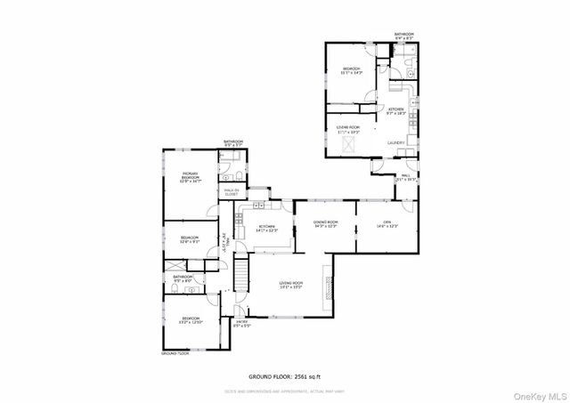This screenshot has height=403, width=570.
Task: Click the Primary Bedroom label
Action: (x=190, y=177)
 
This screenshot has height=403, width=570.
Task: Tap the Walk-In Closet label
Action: (x=229, y=191)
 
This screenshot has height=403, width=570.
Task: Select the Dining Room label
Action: (x=325, y=223)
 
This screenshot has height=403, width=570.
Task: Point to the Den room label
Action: (x=387, y=223)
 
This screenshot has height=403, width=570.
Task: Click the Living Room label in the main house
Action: (x=291, y=285)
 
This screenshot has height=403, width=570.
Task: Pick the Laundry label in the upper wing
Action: (x=396, y=142)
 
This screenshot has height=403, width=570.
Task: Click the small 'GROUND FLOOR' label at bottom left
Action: (x=175, y=353)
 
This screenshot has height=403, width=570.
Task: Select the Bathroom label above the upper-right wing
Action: (x=404, y=36)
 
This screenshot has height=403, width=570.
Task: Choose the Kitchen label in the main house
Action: (x=266, y=229)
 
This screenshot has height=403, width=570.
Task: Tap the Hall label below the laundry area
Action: (x=405, y=177)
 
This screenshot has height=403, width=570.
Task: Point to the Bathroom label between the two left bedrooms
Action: (x=183, y=278)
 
